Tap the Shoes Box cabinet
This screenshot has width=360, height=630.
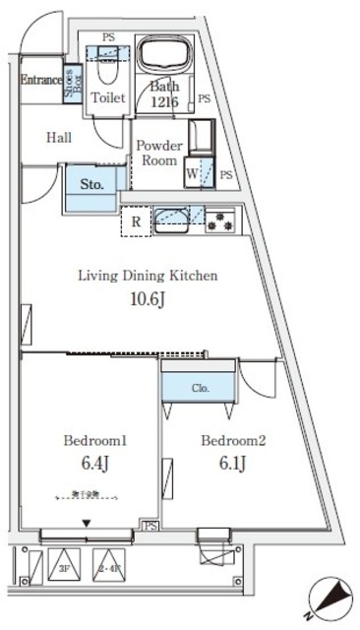pos(73,78)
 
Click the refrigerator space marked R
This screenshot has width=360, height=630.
pos(135,221)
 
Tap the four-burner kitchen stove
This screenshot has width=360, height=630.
pos(219,222)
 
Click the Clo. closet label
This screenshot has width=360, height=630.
pos(200,387)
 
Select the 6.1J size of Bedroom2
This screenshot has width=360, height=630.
pos(225,464)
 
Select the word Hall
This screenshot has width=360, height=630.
pos(60,138)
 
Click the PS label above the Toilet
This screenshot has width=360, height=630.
pos(107,37)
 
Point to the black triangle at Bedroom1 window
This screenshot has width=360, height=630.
pos(88,523)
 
